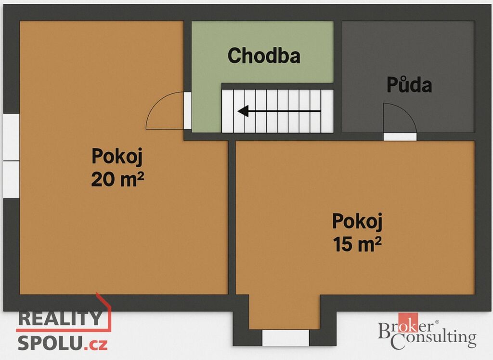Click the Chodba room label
point(264,56)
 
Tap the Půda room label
point(409,84)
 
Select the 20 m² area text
point(117,179)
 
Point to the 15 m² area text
point(357,244)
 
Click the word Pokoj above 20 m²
point(117,157)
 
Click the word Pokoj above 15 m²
point(357,222)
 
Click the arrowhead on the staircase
point(243,111)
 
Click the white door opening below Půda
point(400,136)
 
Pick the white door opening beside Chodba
point(188,110)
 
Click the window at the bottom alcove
point(285,338)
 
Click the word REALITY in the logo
point(60,318)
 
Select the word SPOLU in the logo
point(51,343)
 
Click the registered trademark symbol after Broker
point(437,322)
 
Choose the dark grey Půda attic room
point(408,77)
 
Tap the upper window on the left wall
point(12,137)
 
